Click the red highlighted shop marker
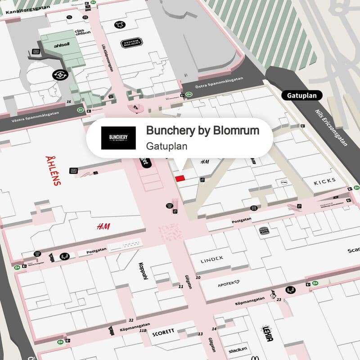[x=180, y=179]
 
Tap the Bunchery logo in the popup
[x=118, y=138]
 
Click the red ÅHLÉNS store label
[x=53, y=171]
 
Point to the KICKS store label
[x=325, y=182]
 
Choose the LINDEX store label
[x=212, y=260]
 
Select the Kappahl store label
[x=144, y=271]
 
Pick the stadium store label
[x=238, y=349]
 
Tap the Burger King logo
[x=264, y=231]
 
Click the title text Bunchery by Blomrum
[x=202, y=130]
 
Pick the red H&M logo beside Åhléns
[x=103, y=226]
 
